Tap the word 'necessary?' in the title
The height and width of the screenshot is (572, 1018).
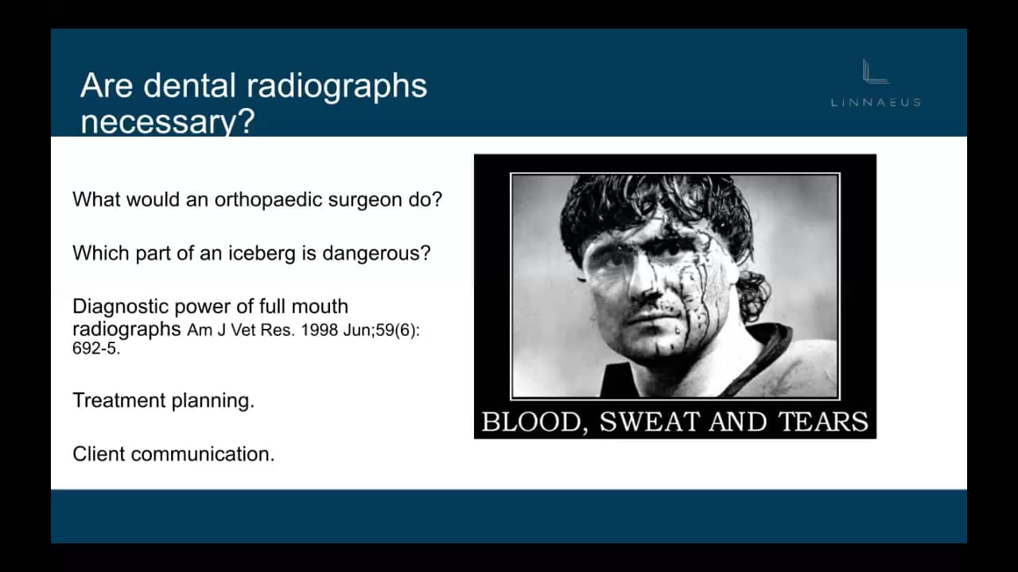(166, 122)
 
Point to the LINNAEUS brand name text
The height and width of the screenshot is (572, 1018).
(876, 102)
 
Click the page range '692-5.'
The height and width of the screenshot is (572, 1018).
(96, 348)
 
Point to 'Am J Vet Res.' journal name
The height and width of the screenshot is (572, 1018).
(225, 330)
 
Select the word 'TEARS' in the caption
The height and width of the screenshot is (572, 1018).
(823, 421)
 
